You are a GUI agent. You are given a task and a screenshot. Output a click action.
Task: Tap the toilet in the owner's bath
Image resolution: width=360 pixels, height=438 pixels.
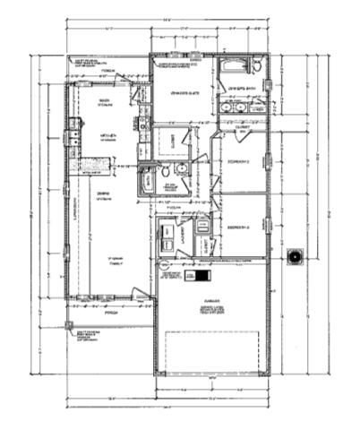(257, 68)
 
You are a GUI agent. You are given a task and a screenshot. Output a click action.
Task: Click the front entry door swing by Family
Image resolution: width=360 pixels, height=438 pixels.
(139, 292)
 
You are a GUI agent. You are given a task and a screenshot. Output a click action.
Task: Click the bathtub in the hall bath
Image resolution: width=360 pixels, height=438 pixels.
(146, 180)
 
